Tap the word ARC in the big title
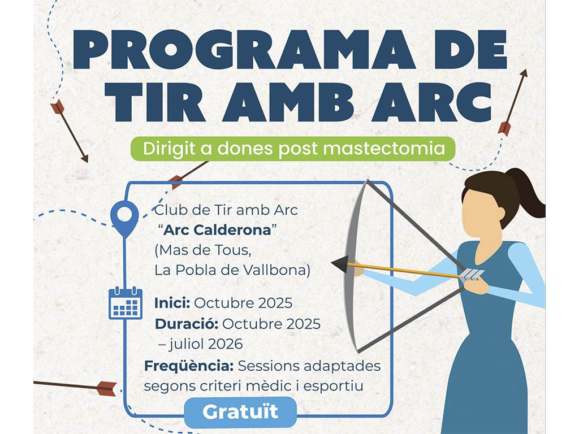click(431, 102)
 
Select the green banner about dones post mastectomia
click(293, 149)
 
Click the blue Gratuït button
click(240, 412)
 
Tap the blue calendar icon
click(126, 303)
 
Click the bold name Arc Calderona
click(217, 230)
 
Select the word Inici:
click(172, 303)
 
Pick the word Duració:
click(187, 324)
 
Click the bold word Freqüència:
click(189, 366)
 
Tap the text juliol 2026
click(206, 344)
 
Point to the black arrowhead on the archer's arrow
click(339, 264)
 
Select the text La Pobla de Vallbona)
click(232, 270)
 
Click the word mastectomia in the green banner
click(384, 149)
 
